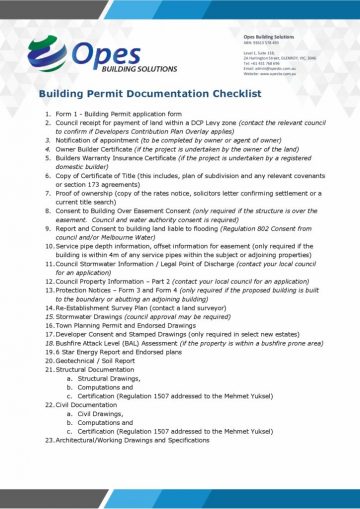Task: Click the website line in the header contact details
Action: tap(277, 74)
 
